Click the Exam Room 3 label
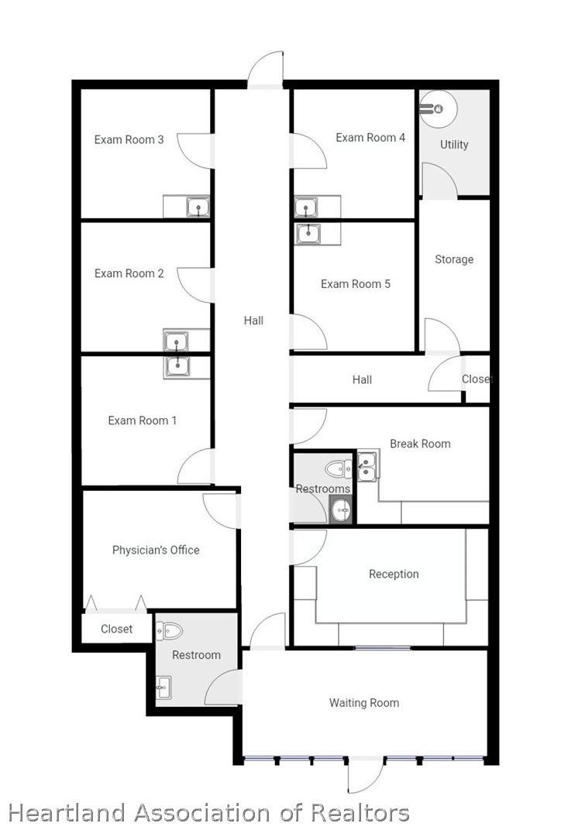click(x=129, y=139)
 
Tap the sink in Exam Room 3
click(x=198, y=207)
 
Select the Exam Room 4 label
click(x=370, y=138)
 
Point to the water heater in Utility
click(x=437, y=108)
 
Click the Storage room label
click(x=454, y=259)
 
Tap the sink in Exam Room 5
click(x=308, y=234)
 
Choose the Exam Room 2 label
click(x=129, y=273)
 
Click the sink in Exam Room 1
click(x=177, y=366)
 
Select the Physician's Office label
click(x=156, y=550)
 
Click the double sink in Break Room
click(x=368, y=466)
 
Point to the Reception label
click(x=394, y=574)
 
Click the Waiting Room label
click(x=364, y=703)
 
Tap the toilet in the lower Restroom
click(x=169, y=631)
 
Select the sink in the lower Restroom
click(x=164, y=688)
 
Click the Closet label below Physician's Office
click(x=116, y=629)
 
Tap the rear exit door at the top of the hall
click(x=266, y=69)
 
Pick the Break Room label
click(x=420, y=444)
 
